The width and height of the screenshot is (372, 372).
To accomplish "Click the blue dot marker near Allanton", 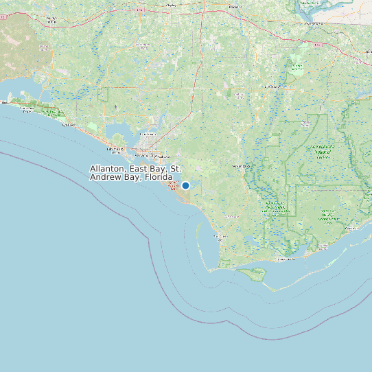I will (x=185, y=185).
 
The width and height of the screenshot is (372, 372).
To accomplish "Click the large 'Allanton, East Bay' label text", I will (x=135, y=172).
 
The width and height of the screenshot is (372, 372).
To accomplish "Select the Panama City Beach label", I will (x=116, y=150).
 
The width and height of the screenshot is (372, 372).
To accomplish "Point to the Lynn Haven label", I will (x=147, y=134).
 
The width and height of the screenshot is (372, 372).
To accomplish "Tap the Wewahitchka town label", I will (x=240, y=166).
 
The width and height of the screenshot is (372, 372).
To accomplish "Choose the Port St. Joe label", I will (x=219, y=236).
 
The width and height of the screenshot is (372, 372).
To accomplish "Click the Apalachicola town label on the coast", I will (x=283, y=259).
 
